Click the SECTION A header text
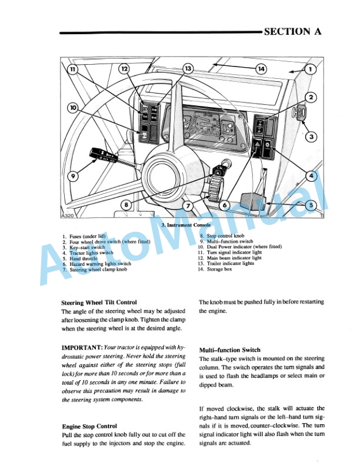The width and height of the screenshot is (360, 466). (x=293, y=32)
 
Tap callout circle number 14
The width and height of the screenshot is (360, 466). (x=261, y=69)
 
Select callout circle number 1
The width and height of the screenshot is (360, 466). (x=311, y=69)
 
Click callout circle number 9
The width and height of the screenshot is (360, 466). (x=74, y=176)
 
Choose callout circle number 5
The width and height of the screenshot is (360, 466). (x=311, y=205)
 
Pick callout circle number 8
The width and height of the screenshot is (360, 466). (x=125, y=205)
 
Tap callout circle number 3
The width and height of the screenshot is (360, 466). (x=311, y=137)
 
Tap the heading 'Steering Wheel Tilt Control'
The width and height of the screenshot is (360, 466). (x=99, y=302)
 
